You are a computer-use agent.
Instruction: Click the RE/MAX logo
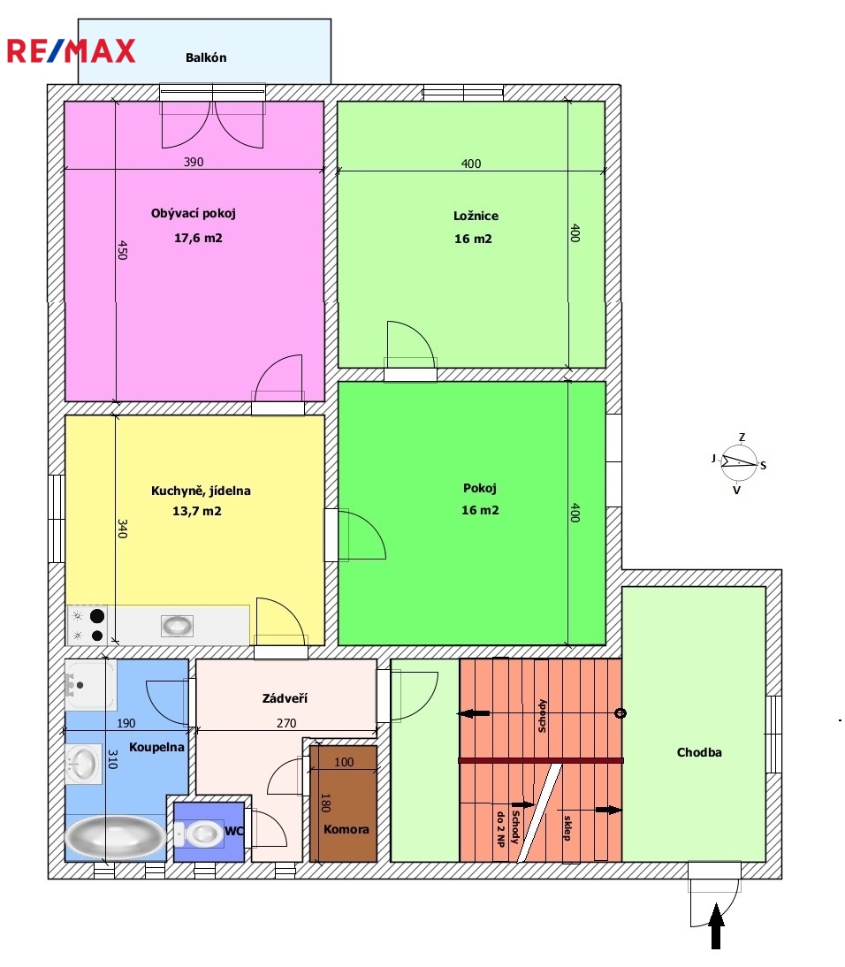pyautogui.click(x=71, y=51)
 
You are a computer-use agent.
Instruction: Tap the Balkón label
pyautogui.click(x=206, y=57)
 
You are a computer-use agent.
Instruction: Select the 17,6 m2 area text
pyautogui.click(x=198, y=238)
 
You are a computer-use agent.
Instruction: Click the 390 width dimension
pyautogui.click(x=194, y=162)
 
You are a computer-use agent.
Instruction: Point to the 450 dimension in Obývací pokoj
pyautogui.click(x=122, y=250)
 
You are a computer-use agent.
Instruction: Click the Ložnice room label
pyautogui.click(x=476, y=216)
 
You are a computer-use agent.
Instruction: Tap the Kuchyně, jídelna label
pyautogui.click(x=201, y=491)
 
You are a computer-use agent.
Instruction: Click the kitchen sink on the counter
pyautogui.click(x=177, y=626)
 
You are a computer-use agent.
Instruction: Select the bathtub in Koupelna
pyautogui.click(x=115, y=837)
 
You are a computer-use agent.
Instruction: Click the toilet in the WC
pyautogui.click(x=199, y=834)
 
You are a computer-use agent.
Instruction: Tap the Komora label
pyautogui.click(x=346, y=829)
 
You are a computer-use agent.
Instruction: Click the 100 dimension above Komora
pyautogui.click(x=344, y=762)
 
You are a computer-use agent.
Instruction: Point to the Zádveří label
pyautogui.click(x=285, y=698)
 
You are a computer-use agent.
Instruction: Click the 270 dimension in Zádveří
pyautogui.click(x=286, y=723)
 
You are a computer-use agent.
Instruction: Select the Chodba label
pyautogui.click(x=699, y=752)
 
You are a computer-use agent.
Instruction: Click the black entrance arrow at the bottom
pyautogui.click(x=716, y=925)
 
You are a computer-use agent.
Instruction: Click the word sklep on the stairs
pyautogui.click(x=567, y=828)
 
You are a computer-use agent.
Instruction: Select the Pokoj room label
pyautogui.click(x=480, y=489)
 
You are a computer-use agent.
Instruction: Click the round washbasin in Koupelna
pyautogui.click(x=84, y=764)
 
